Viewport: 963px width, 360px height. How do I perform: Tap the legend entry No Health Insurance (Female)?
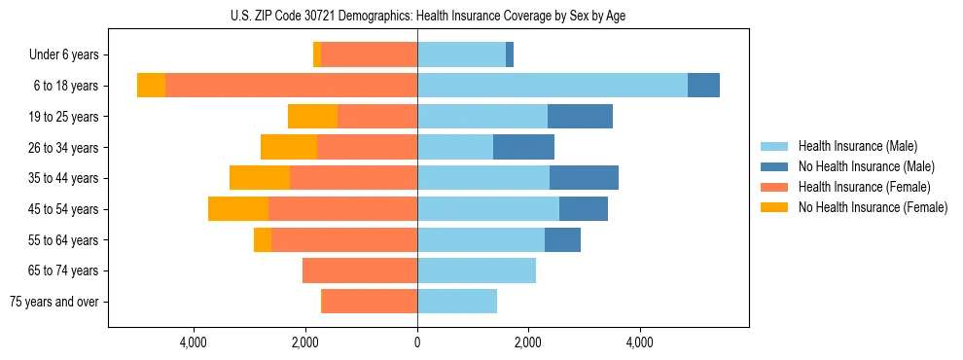[873, 207]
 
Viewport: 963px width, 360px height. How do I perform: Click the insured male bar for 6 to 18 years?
[553, 86]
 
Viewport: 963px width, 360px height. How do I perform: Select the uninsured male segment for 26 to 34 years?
[523, 147]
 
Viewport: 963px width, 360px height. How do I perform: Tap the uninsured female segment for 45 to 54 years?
[238, 209]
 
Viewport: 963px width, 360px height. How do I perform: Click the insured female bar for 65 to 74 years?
[360, 270]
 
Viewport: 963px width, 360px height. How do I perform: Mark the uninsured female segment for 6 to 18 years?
[151, 86]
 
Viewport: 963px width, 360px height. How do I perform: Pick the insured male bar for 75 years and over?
[457, 302]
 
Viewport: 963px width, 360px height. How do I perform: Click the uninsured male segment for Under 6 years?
[510, 54]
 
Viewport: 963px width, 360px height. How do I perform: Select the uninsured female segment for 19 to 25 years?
[312, 117]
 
